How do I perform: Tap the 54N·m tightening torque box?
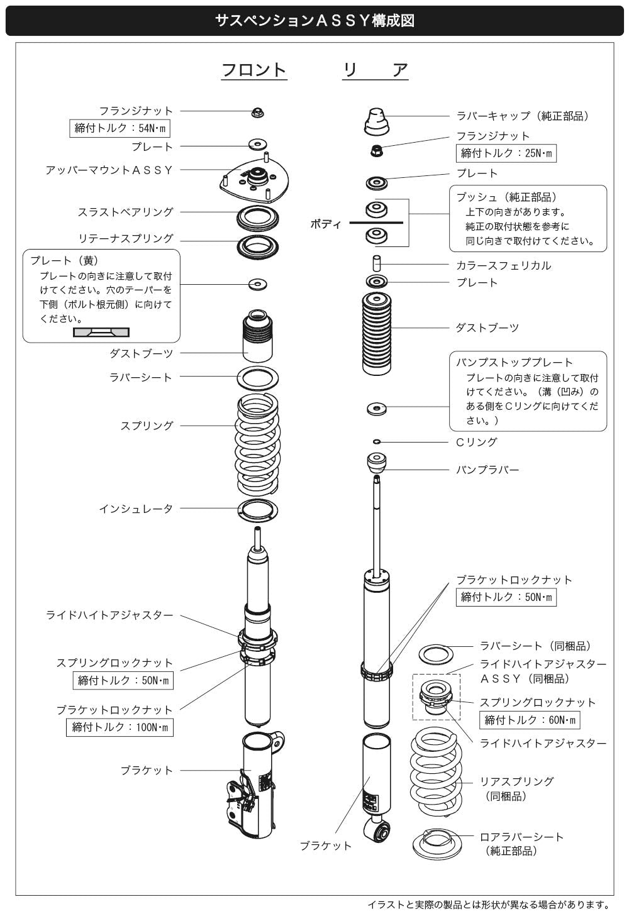[x=120, y=128]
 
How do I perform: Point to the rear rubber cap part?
[x=376, y=121]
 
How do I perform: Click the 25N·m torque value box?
[x=506, y=153]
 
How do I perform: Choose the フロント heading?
[x=254, y=70]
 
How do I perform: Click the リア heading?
[x=376, y=70]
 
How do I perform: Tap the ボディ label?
[x=325, y=224]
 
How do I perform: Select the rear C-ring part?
[x=377, y=441]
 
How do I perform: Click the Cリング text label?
[x=476, y=442]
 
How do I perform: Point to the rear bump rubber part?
[x=377, y=462]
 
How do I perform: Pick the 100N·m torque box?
[x=120, y=727]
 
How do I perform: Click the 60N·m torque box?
[x=530, y=720]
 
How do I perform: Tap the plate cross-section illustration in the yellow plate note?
[x=101, y=332]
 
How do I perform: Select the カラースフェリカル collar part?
[x=377, y=263]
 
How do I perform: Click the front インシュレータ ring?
[x=257, y=510]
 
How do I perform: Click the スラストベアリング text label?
[x=126, y=212]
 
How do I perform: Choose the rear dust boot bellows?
[x=377, y=334]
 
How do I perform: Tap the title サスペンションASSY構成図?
[x=314, y=20]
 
